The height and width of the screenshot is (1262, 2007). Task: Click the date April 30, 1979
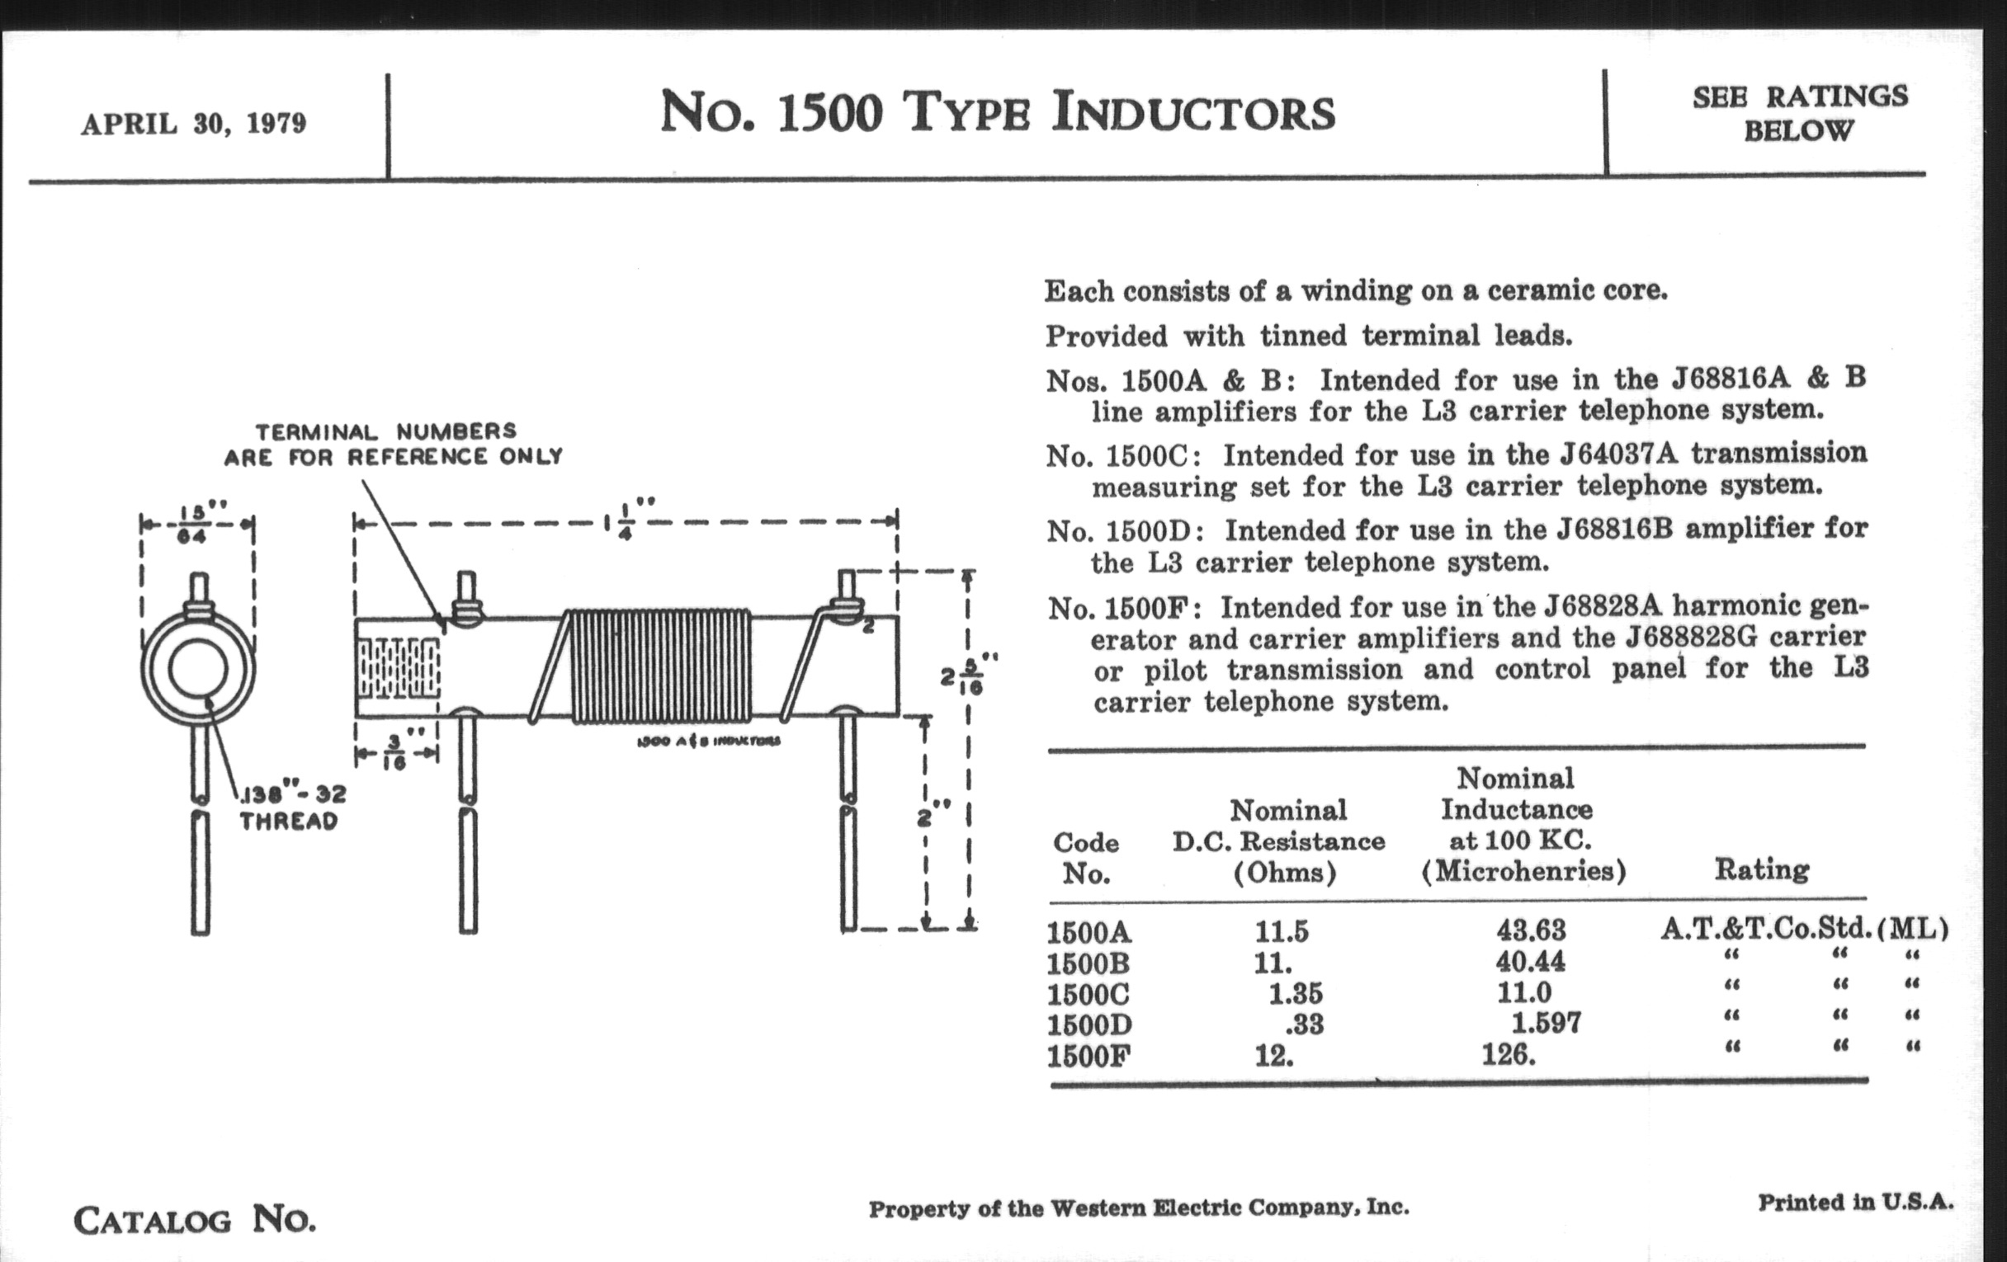(193, 125)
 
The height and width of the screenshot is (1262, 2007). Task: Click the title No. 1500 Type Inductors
(997, 113)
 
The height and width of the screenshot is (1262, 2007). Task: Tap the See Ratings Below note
(1799, 113)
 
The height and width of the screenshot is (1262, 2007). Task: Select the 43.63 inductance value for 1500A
(1530, 930)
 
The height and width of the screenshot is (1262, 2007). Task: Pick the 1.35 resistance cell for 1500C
(1294, 994)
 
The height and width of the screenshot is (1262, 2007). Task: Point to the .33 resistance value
(1302, 1024)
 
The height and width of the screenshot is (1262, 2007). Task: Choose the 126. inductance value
(1508, 1056)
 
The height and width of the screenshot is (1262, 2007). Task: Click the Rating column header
(1761, 869)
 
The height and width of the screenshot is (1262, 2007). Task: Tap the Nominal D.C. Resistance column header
(1278, 841)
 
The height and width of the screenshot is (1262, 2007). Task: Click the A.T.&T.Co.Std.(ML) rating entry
(1804, 928)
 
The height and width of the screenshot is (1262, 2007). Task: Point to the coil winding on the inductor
(660, 666)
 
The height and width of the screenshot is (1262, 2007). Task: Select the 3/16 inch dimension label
(396, 752)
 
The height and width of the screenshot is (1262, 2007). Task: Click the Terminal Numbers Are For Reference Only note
(392, 444)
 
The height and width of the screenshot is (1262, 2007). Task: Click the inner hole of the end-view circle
(197, 668)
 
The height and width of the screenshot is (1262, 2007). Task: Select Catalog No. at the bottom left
(195, 1222)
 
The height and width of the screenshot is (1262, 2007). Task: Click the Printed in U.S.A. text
(1855, 1203)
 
